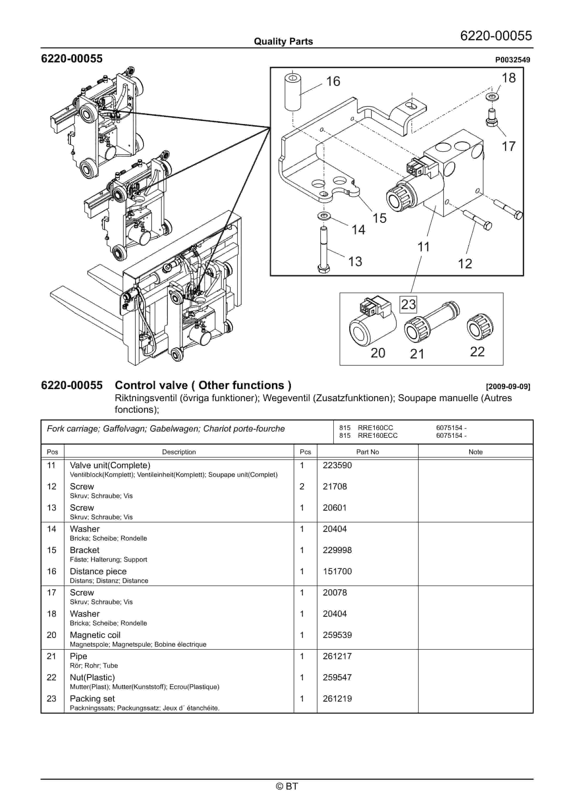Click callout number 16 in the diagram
[x=333, y=81]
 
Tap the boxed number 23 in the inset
[x=408, y=304]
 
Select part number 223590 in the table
[x=337, y=465]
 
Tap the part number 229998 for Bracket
[x=337, y=550]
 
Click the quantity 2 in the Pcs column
[x=302, y=487]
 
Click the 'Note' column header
[x=475, y=452]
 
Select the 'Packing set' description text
[x=92, y=699]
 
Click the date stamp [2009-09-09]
[x=508, y=386]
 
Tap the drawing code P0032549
[x=512, y=60]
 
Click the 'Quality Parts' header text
[x=283, y=41]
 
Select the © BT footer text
[x=287, y=786]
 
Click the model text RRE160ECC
[x=378, y=436]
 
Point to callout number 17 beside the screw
[x=509, y=146]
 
